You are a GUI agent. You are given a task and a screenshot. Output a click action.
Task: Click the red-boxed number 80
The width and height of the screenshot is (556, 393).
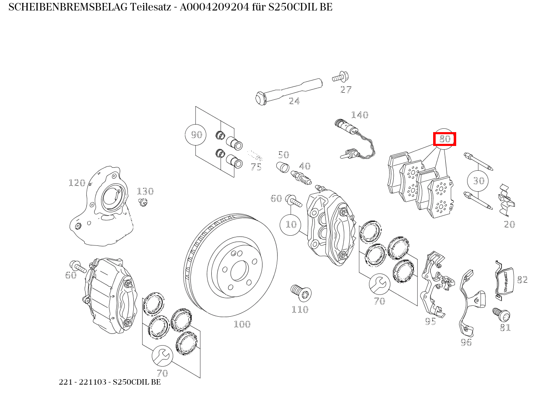(x=444, y=139)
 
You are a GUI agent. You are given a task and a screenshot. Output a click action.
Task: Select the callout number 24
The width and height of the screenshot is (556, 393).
(x=294, y=101)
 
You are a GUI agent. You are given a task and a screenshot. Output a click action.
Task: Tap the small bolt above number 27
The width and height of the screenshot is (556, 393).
(x=341, y=78)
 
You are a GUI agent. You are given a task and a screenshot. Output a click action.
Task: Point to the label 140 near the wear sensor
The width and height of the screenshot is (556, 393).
(x=359, y=115)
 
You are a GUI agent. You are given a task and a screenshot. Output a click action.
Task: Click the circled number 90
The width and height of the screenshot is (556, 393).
(x=196, y=135)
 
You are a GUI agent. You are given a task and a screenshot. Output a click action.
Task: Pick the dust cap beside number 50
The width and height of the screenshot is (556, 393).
(x=283, y=167)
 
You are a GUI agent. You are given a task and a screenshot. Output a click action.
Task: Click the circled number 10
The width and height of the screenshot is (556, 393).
(x=291, y=224)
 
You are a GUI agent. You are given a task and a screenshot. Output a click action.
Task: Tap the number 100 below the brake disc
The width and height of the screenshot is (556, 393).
(x=242, y=324)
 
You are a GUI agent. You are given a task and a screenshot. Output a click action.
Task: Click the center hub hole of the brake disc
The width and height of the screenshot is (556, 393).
(x=239, y=271)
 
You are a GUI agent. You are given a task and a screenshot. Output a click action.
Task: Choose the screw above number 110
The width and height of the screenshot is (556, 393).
(x=300, y=292)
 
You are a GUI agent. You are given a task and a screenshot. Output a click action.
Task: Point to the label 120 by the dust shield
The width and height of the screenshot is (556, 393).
(x=77, y=183)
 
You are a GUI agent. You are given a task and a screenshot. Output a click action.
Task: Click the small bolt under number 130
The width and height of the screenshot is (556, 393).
(x=143, y=203)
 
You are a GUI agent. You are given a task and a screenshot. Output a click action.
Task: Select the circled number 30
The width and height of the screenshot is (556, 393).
(x=478, y=181)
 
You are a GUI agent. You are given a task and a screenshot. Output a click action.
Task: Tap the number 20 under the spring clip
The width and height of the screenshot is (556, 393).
(x=509, y=224)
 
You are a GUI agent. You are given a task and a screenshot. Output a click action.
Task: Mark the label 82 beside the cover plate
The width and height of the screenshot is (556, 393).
(x=522, y=280)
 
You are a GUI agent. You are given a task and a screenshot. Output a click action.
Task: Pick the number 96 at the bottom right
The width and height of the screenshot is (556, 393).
(x=466, y=343)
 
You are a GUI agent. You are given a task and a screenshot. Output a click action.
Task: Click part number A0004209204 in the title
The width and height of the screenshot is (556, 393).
(x=214, y=7)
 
